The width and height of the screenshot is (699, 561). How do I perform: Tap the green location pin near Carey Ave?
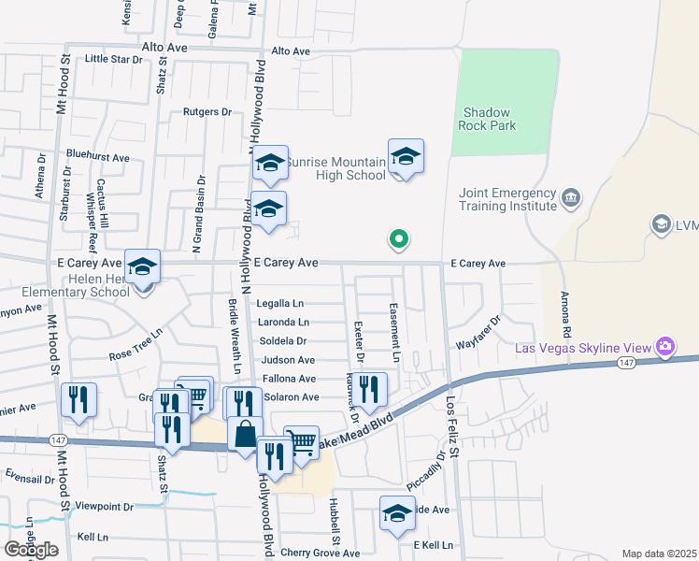399,240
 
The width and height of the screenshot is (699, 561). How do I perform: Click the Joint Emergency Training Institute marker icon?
571,198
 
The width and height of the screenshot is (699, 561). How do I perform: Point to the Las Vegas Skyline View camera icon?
665,348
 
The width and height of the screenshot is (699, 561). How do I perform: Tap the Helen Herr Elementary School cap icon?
142,266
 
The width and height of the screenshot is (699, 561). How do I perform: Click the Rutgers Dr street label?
207,112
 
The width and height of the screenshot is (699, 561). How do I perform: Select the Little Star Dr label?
113,58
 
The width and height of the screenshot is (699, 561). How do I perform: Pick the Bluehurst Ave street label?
97,157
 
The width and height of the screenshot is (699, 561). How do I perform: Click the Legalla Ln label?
280,304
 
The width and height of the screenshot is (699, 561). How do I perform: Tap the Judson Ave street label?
288,360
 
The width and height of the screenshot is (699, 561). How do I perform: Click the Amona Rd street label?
566,318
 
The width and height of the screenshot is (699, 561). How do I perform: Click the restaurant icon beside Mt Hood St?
78,399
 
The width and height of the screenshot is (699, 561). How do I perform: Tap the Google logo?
31,550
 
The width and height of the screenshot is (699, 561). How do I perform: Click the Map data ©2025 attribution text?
658,554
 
